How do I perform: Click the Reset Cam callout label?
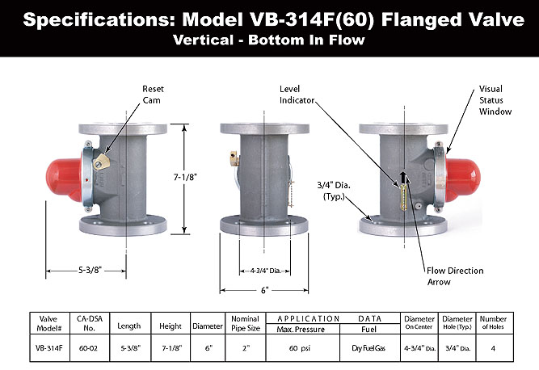point(154,94)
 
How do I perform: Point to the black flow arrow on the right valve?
point(405,179)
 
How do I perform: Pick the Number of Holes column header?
point(492,322)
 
